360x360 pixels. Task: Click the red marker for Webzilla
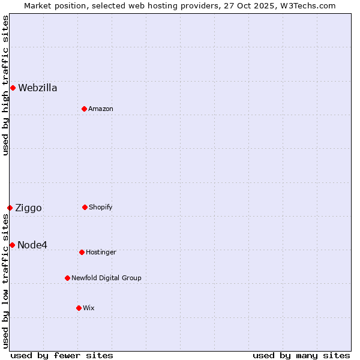(x=13, y=88)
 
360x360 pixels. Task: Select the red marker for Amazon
(x=84, y=109)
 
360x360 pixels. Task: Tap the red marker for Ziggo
(x=10, y=208)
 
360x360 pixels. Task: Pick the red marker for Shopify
(x=85, y=207)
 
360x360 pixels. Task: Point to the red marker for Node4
(x=12, y=245)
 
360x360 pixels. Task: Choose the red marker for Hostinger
(x=82, y=252)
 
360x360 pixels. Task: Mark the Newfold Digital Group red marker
(x=67, y=278)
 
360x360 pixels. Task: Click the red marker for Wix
(x=79, y=308)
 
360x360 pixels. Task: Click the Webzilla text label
(x=38, y=88)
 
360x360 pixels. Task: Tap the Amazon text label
(x=101, y=109)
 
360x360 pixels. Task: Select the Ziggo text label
(x=28, y=208)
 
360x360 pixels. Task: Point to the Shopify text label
(x=101, y=207)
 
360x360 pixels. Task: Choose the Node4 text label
(x=32, y=245)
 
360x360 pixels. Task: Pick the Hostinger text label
(x=101, y=252)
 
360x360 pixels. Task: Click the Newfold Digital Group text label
(x=106, y=278)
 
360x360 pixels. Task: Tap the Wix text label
(x=89, y=308)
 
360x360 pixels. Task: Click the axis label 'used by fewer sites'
(x=62, y=355)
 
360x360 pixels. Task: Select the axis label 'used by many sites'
(x=301, y=355)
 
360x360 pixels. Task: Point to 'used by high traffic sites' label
(x=5, y=85)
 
